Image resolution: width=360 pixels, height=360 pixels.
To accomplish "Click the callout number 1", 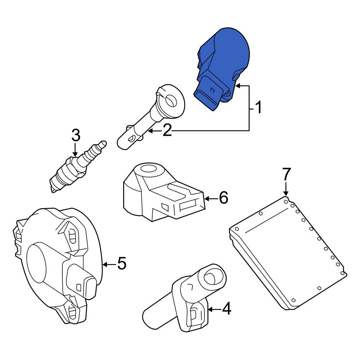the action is [258, 107].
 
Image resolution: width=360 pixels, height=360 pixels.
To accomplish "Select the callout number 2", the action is [167, 130].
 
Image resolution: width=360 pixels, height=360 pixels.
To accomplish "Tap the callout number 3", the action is [76, 135].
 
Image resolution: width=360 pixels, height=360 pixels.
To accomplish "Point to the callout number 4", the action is [226, 309].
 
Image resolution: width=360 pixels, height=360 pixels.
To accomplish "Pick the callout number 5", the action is [122, 264].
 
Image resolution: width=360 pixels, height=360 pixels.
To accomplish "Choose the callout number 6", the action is [224, 198].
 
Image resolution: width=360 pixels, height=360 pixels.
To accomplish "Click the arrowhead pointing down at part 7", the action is [286, 194].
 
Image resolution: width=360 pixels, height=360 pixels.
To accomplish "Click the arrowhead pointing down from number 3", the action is [75, 154].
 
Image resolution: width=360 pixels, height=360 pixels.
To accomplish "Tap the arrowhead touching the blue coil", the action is [238, 86].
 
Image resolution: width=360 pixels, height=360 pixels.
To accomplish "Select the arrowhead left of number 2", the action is [150, 131].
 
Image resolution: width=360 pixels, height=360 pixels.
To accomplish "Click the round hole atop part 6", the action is [148, 169].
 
